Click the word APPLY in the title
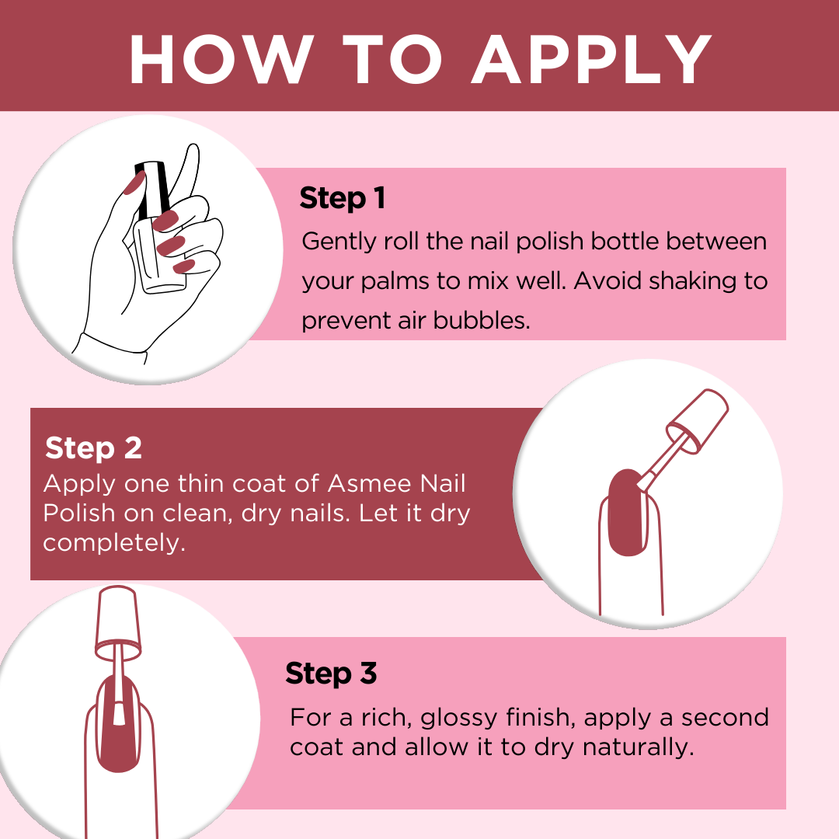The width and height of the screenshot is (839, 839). click(592, 59)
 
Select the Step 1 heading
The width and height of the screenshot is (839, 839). click(343, 198)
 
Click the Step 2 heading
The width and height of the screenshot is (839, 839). click(93, 448)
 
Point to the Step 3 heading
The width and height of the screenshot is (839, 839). click(331, 673)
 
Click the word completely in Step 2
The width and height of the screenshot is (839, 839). click(114, 543)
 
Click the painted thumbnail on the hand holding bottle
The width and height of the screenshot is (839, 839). click(134, 184)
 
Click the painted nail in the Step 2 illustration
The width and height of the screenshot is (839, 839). click(625, 513)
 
